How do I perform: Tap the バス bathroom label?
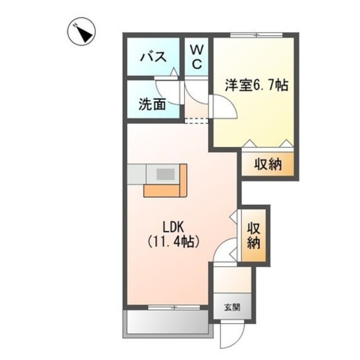click(x=152, y=56)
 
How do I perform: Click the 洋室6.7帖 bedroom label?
click(x=256, y=85)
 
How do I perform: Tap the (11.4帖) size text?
click(x=174, y=242)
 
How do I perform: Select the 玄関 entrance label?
click(x=232, y=307)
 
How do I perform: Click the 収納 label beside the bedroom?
click(x=268, y=165)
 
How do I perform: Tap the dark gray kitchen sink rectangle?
click(x=166, y=173)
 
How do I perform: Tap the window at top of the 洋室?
click(x=256, y=35)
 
